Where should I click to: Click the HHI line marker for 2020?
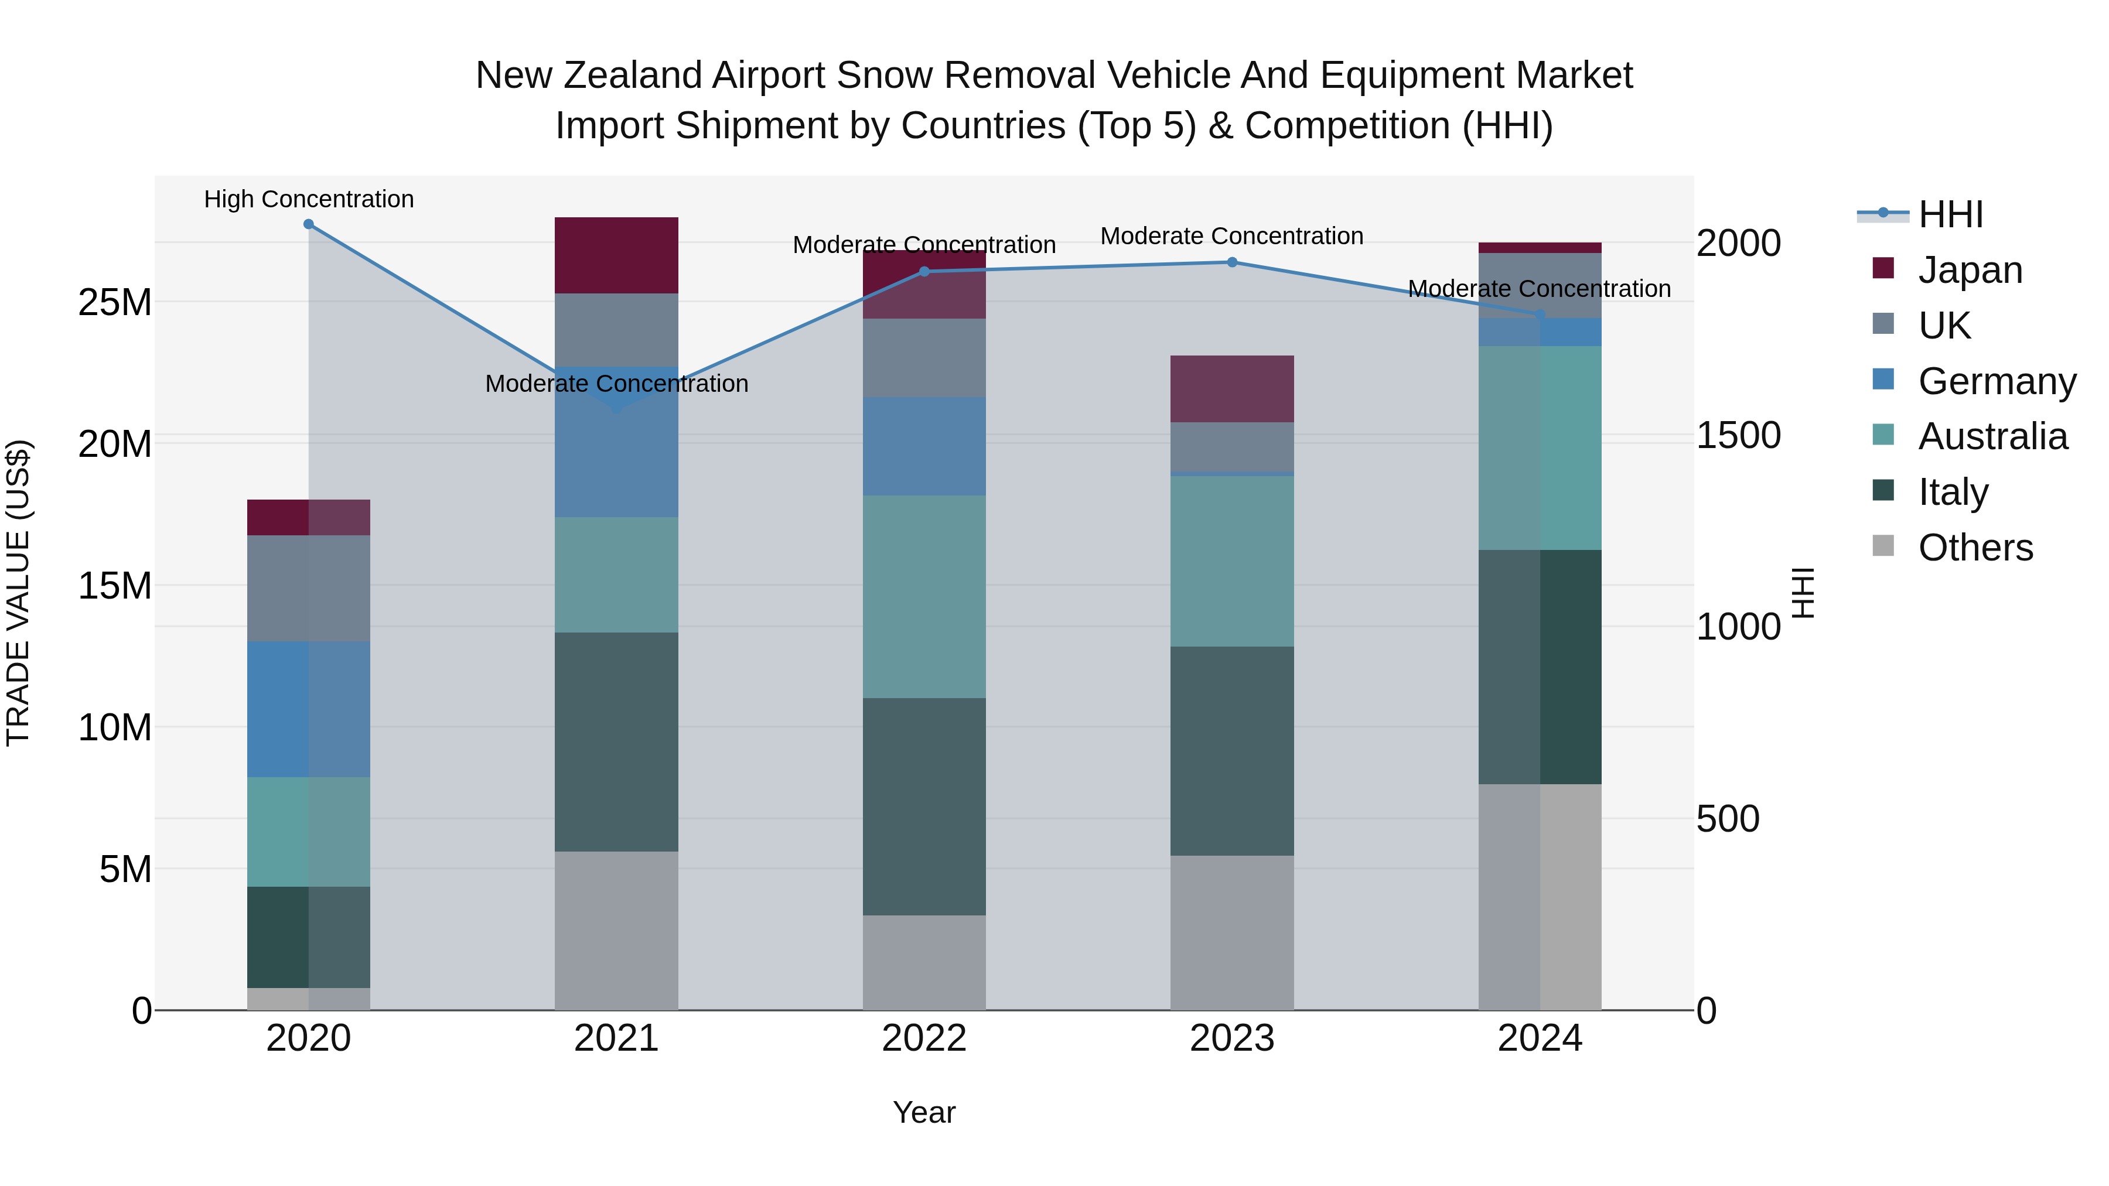[309, 224]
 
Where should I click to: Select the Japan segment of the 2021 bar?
[616, 255]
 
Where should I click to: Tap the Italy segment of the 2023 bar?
[1231, 751]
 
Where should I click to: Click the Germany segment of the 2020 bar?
[309, 709]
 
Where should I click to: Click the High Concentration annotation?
[309, 200]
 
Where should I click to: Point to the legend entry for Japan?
[1969, 270]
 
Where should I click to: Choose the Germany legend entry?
[1996, 381]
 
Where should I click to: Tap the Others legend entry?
[1975, 548]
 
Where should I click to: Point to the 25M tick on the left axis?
[115, 303]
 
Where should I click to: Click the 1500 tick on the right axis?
[1738, 435]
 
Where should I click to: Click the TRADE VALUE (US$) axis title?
[18, 593]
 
